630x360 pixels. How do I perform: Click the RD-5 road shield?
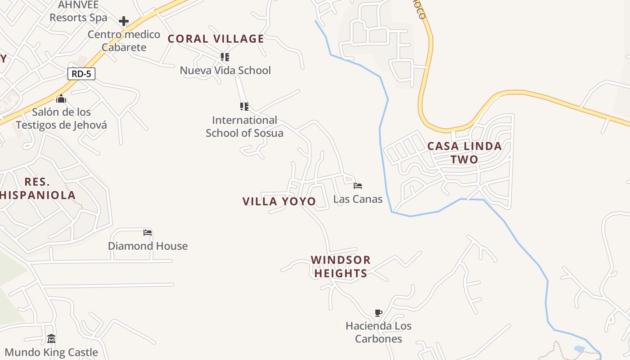pyautogui.click(x=81, y=74)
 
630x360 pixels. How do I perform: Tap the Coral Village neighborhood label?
pyautogui.click(x=216, y=39)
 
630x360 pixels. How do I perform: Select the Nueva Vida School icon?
pyautogui.click(x=225, y=57)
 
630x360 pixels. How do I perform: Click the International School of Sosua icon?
pyautogui.click(x=244, y=107)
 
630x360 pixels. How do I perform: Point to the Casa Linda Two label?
pyautogui.click(x=464, y=153)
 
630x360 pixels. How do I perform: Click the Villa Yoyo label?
pyautogui.click(x=279, y=201)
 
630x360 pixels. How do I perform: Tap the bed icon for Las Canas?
pyautogui.click(x=358, y=185)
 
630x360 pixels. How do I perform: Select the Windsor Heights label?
pyautogui.click(x=341, y=266)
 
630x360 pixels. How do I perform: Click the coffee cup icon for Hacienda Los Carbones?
pyautogui.click(x=378, y=313)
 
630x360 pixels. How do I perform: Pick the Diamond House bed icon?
pyautogui.click(x=148, y=233)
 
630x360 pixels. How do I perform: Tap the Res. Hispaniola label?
pyautogui.click(x=37, y=189)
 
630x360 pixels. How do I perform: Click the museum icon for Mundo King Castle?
pyautogui.click(x=51, y=338)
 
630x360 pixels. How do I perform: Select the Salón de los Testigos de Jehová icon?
pyautogui.click(x=61, y=99)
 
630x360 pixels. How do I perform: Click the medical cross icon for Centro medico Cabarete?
pyautogui.click(x=124, y=21)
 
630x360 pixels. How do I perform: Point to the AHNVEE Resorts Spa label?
pyautogui.click(x=78, y=12)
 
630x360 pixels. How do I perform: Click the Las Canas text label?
pyautogui.click(x=358, y=199)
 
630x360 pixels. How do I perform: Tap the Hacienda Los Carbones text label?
pyautogui.click(x=378, y=332)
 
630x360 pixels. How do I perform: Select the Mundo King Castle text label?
pyautogui.click(x=51, y=352)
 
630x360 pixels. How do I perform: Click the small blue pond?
pyautogui.click(x=579, y=349)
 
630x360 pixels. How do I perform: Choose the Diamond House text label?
pyautogui.click(x=148, y=246)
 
